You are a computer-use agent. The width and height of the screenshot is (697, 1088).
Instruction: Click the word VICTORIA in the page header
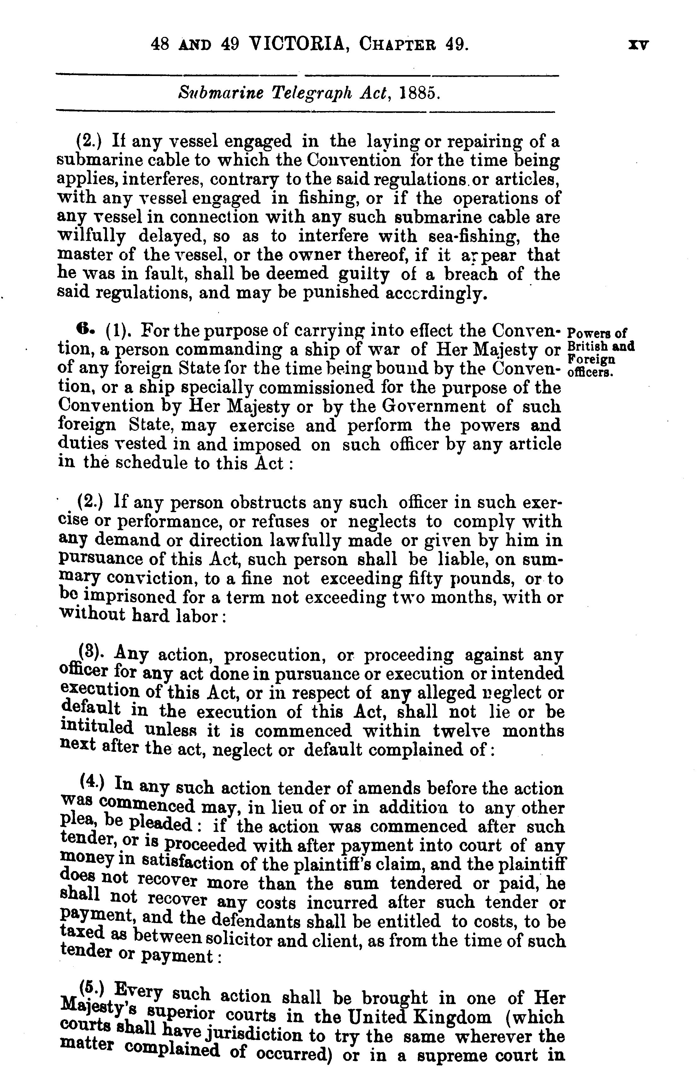(x=298, y=45)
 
